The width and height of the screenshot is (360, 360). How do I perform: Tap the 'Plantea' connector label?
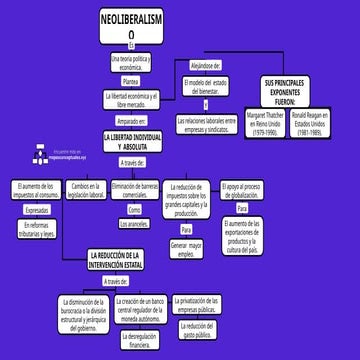pyautogui.click(x=131, y=81)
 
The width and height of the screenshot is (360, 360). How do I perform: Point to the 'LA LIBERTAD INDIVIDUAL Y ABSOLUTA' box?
pyautogui.click(x=133, y=140)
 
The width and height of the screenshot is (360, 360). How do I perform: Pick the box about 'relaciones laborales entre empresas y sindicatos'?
pyautogui.click(x=212, y=123)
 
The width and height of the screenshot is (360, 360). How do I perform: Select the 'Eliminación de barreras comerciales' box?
pyautogui.click(x=136, y=190)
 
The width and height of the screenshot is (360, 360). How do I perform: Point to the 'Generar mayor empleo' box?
pyautogui.click(x=186, y=248)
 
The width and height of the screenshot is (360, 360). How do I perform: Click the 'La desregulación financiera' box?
pyautogui.click(x=142, y=340)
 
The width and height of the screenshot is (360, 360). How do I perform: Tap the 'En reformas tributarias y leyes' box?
pyautogui.click(x=37, y=229)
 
